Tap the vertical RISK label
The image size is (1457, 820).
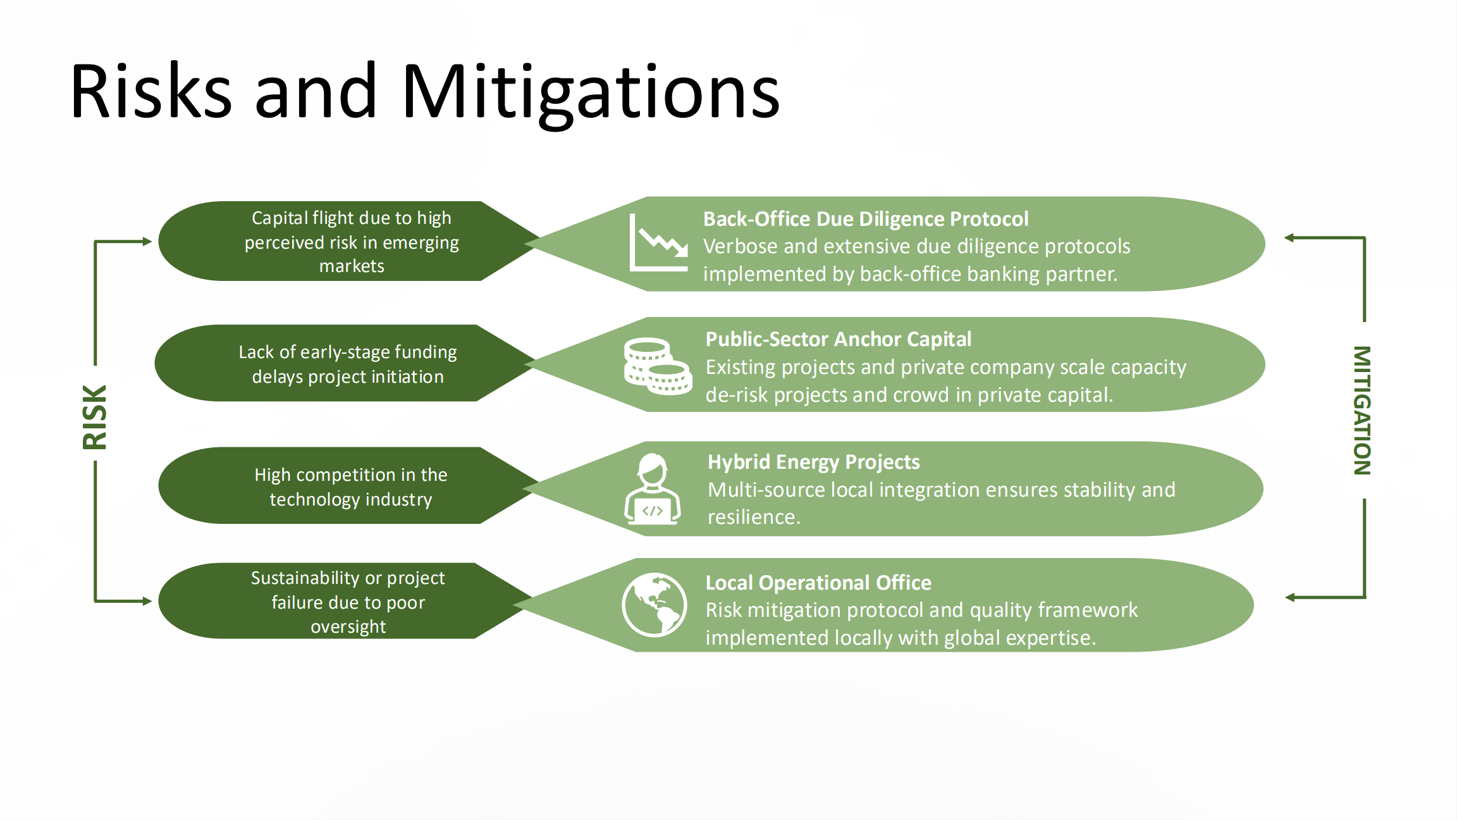[x=95, y=418]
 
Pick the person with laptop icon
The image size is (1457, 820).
[x=653, y=489]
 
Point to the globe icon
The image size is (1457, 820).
[x=654, y=605]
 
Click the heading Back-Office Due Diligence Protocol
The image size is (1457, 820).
[x=866, y=219]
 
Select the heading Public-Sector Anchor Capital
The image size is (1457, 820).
[x=838, y=339]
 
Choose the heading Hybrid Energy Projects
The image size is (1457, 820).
[x=813, y=462]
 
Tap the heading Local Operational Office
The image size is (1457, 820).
[x=818, y=582]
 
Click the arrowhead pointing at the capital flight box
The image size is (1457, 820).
[x=147, y=241]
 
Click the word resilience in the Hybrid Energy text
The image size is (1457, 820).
[x=753, y=518]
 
